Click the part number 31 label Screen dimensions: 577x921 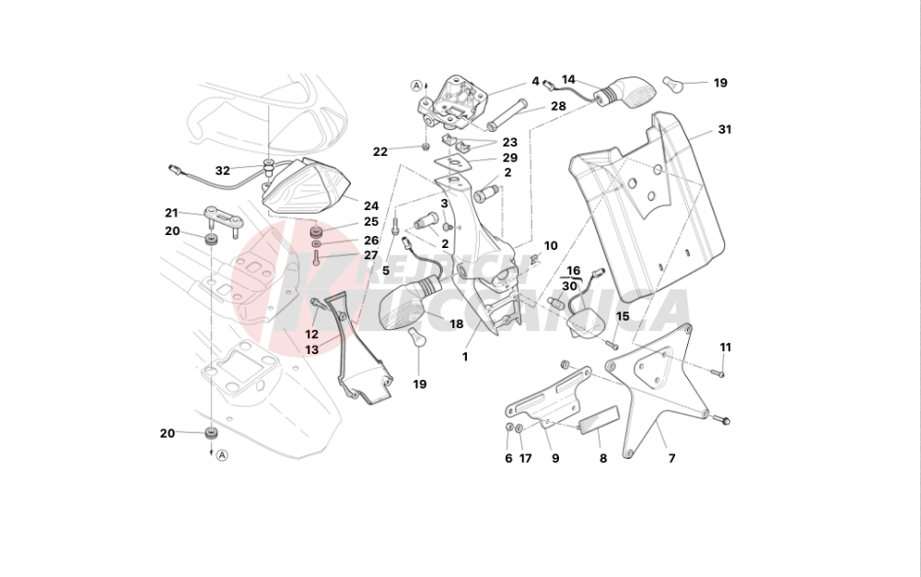(725, 130)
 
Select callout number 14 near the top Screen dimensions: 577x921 (568, 79)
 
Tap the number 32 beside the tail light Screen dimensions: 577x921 (223, 171)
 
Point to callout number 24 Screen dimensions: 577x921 (371, 206)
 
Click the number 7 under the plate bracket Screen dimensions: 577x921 (671, 458)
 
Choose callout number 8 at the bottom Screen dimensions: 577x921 (603, 458)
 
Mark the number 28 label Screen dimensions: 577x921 (558, 106)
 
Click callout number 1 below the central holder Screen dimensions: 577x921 (465, 357)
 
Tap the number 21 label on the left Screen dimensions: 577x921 (171, 213)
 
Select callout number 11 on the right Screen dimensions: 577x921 (725, 347)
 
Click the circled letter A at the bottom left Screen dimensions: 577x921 (222, 454)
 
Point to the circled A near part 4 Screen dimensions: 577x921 (416, 86)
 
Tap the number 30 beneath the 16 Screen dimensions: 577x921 (570, 287)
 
